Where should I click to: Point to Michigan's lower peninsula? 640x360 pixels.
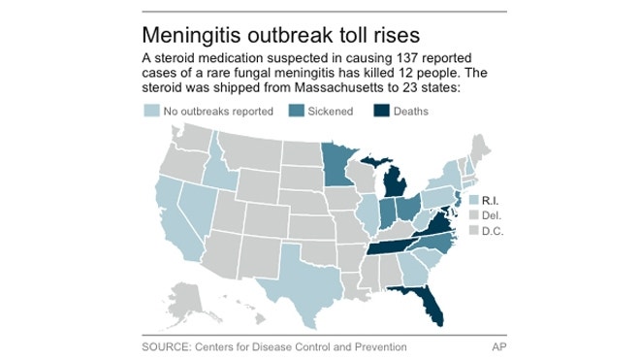pos(397,182)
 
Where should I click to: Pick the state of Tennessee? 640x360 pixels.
pos(393,245)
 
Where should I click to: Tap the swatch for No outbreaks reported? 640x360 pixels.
pos(150,111)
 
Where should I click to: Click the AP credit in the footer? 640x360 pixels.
pos(496,345)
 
